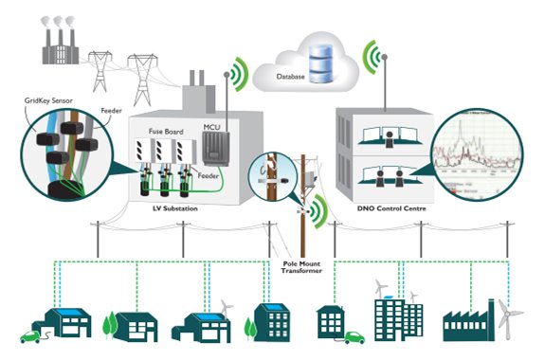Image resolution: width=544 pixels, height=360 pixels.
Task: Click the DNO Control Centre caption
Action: [390, 207]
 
